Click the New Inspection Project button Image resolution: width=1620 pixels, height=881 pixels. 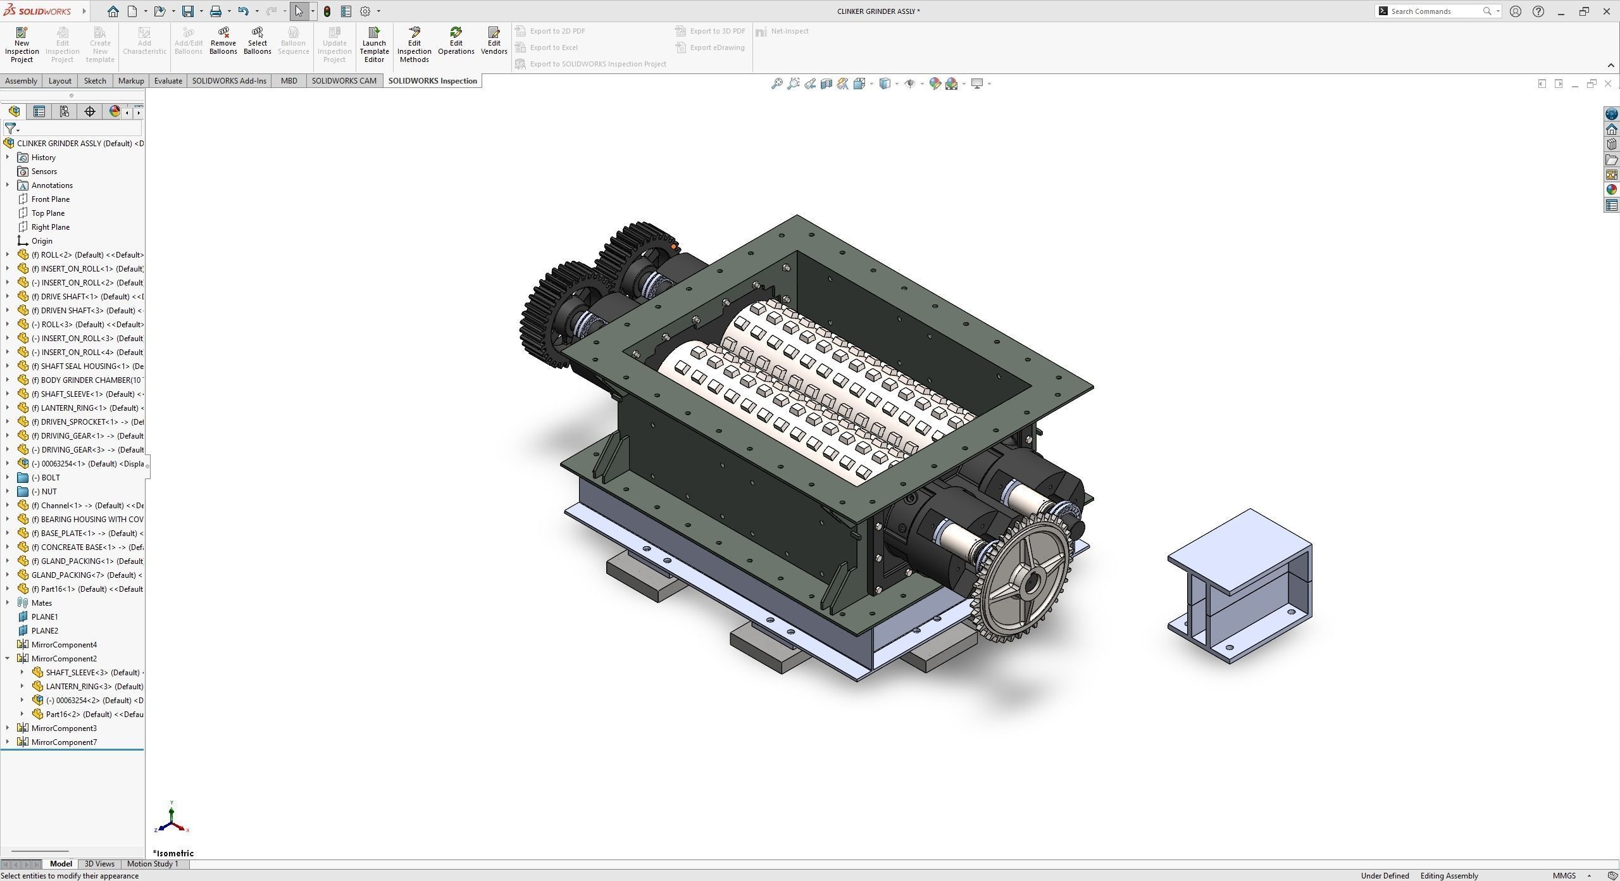22,44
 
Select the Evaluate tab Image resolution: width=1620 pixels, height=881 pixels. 168,81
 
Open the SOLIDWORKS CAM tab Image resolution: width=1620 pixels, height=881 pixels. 344,81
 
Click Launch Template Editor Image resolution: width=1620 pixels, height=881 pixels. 374,44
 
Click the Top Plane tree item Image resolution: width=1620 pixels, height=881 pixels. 48,213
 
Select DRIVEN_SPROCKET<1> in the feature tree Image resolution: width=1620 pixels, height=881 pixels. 79,422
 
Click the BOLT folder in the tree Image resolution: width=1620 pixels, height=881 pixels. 50,478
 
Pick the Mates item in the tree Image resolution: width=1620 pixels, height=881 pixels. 42,603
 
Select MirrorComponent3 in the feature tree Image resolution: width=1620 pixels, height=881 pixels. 64,728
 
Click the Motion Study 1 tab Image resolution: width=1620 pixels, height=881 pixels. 153,864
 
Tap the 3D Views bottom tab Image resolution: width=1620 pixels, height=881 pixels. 99,864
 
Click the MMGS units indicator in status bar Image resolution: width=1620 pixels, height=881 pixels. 1564,876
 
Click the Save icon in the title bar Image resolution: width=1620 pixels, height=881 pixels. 188,11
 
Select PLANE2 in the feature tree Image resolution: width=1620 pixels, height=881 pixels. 45,631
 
